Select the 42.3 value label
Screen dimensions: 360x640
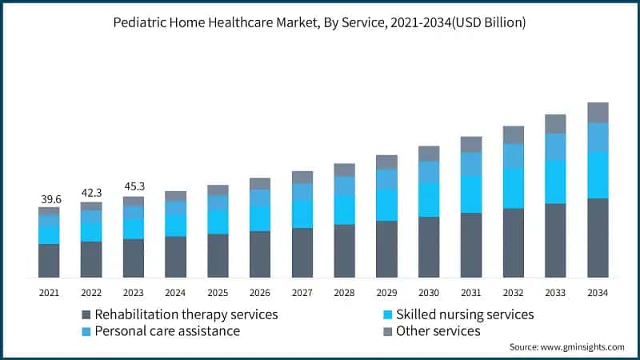[x=91, y=193]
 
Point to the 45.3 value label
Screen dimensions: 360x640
[x=134, y=187]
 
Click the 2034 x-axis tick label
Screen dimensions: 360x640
[x=598, y=294]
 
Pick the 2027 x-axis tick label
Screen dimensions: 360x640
[x=302, y=294]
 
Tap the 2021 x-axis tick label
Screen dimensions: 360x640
[x=49, y=294]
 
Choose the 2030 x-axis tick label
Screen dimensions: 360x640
[x=429, y=294]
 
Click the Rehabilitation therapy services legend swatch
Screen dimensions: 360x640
[x=86, y=314]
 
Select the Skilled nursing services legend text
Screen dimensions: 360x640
[x=465, y=314]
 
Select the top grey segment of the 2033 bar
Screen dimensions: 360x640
[x=555, y=123]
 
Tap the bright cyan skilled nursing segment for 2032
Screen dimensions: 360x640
[x=514, y=188]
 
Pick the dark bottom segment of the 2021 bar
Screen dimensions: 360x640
[x=49, y=261]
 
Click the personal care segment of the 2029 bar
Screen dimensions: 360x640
[x=386, y=179]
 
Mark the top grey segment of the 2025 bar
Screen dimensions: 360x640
[x=218, y=190]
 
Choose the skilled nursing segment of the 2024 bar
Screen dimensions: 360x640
[x=175, y=225]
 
